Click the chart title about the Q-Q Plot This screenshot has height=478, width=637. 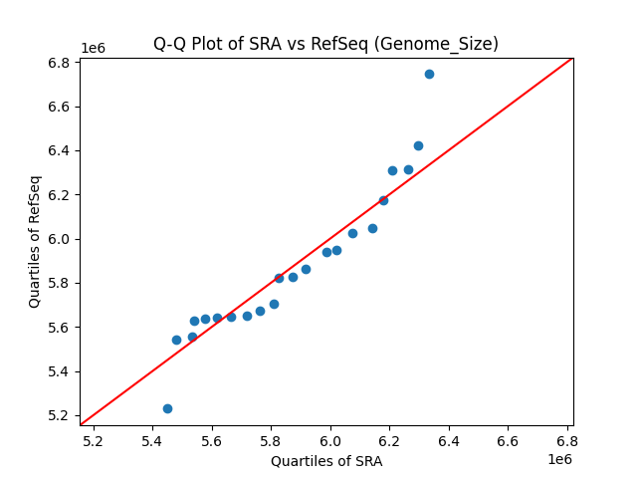coord(325,44)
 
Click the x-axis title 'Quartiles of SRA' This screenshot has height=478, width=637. coord(325,461)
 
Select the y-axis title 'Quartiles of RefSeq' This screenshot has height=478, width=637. coord(35,241)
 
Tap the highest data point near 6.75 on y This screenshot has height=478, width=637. coord(429,74)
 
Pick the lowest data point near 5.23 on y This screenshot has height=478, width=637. coord(167,408)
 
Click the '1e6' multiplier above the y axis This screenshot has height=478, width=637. coord(93,48)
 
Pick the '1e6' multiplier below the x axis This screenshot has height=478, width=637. coord(558,459)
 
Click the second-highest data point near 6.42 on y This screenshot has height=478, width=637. coord(418,145)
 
